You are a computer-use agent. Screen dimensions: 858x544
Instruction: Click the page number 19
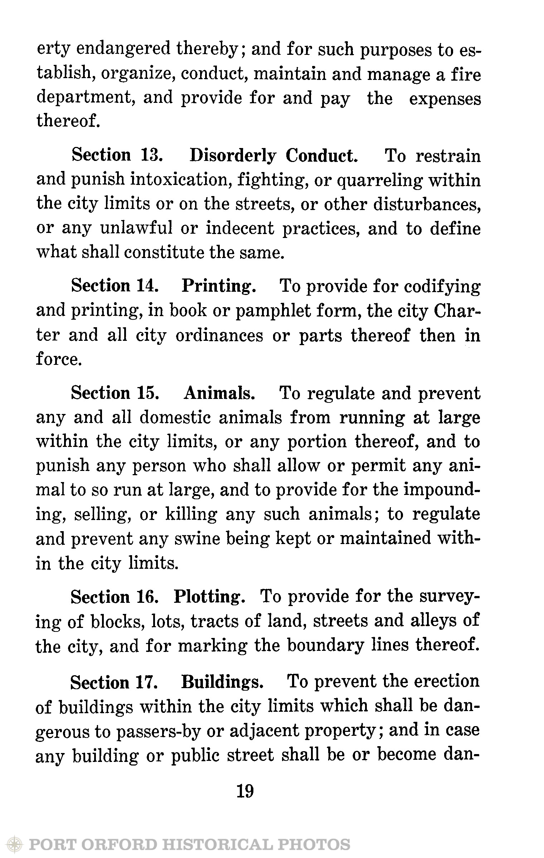(245, 791)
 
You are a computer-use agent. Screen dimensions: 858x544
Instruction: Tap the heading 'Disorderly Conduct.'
(273, 156)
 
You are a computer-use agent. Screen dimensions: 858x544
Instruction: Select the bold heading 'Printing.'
(219, 286)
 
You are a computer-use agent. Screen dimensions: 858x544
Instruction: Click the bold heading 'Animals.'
(219, 393)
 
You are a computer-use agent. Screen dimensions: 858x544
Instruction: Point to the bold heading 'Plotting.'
(210, 596)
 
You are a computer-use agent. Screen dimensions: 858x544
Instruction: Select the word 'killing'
(191, 515)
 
